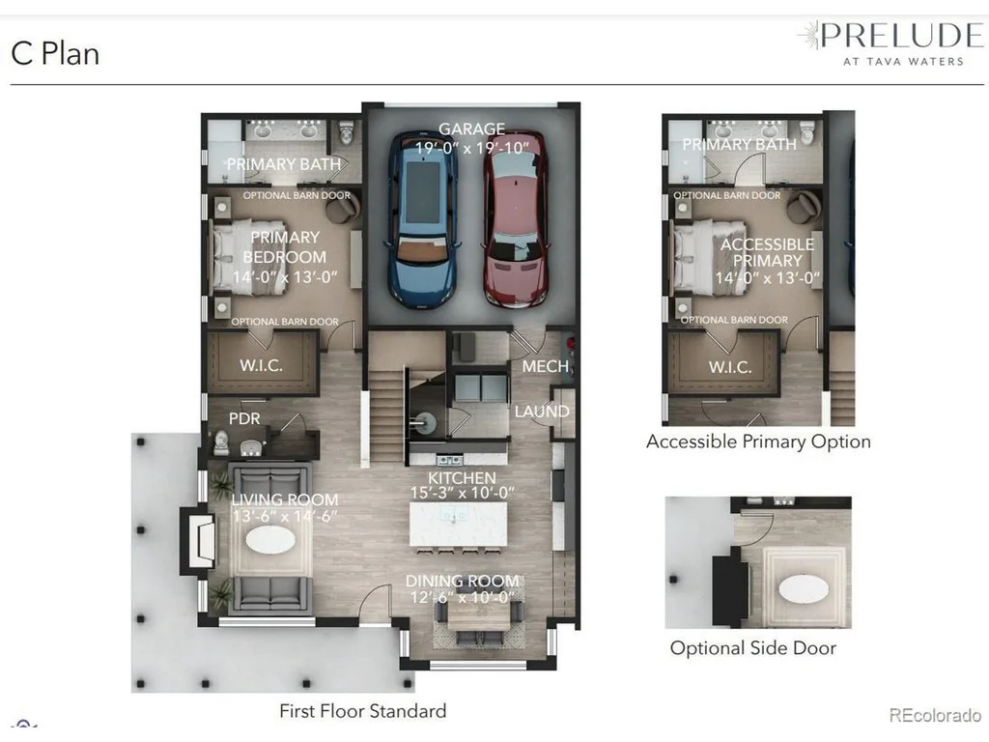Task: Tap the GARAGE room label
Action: [471, 128]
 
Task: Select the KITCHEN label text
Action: [462, 477]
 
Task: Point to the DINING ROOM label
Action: [463, 581]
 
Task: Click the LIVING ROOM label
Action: [285, 499]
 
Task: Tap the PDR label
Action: [244, 418]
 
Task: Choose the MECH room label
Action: [546, 366]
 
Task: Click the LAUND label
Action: [542, 412]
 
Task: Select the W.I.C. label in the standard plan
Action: [261, 365]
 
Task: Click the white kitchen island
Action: [458, 523]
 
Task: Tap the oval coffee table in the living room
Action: [270, 539]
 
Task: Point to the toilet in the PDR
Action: [221, 442]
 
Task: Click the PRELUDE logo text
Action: [902, 36]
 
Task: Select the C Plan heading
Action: [55, 54]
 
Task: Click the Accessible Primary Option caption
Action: [758, 442]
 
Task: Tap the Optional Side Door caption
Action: [753, 648]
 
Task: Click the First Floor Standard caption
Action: [363, 711]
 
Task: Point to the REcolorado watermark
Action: [935, 715]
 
